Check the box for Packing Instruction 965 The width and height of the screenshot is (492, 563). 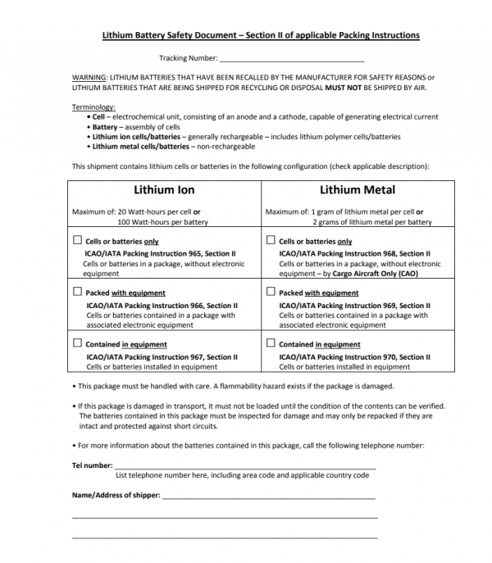tap(78, 241)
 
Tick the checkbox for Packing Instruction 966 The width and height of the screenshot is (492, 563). tap(78, 292)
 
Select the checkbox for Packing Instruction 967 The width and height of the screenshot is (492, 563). tap(78, 343)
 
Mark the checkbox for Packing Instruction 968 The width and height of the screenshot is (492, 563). tap(271, 241)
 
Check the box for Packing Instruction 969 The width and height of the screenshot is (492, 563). tap(271, 292)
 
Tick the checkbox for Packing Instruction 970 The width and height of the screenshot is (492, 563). tap(271, 343)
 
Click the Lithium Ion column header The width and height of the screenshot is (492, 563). tap(164, 190)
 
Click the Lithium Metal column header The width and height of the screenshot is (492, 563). tap(358, 190)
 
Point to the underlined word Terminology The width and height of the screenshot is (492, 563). tap(93, 107)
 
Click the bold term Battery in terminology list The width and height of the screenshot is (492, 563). tap(105, 128)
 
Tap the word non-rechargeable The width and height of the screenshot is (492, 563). tap(224, 148)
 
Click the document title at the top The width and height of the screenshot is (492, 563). tap(261, 36)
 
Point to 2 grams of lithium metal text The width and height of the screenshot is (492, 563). tap(372, 222)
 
